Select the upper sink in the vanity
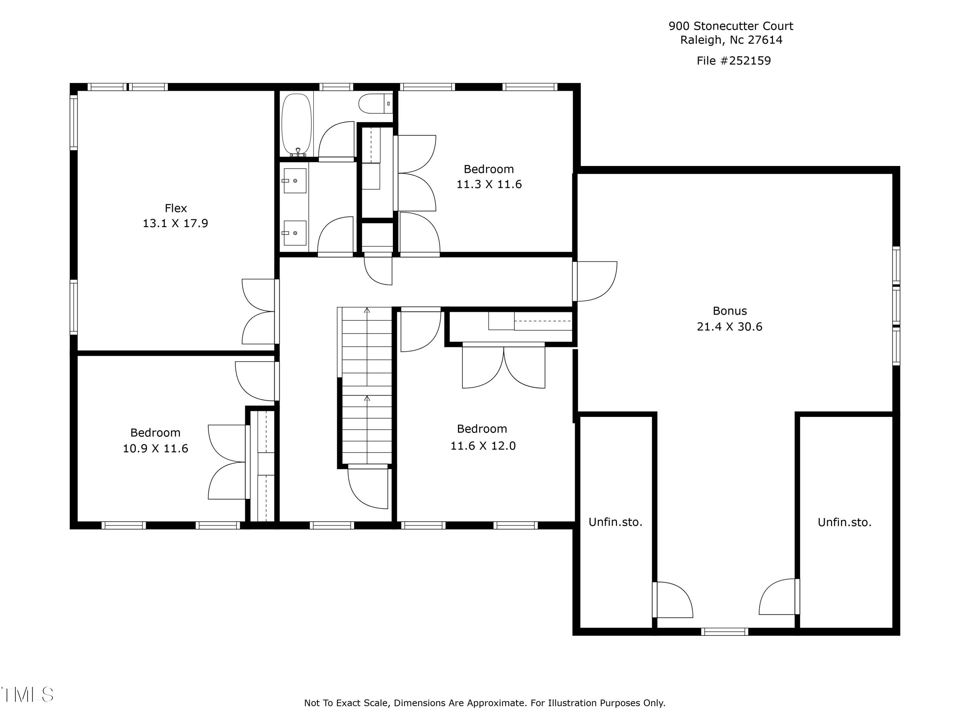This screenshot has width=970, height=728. point(295,180)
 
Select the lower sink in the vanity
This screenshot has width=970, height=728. point(295,233)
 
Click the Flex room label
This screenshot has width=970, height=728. point(175,208)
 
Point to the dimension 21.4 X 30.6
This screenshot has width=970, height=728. point(729,326)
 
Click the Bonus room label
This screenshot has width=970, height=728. point(729,311)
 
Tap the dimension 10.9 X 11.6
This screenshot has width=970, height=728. point(155,448)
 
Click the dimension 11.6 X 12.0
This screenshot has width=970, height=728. point(483,446)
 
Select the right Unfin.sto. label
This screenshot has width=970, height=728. point(844,522)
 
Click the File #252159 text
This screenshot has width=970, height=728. point(733,61)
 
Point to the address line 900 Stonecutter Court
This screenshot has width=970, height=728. point(730,26)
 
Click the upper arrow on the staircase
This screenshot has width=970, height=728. point(367,310)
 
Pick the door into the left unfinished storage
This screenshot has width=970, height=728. point(672,600)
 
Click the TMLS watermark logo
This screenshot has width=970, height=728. point(27,695)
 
